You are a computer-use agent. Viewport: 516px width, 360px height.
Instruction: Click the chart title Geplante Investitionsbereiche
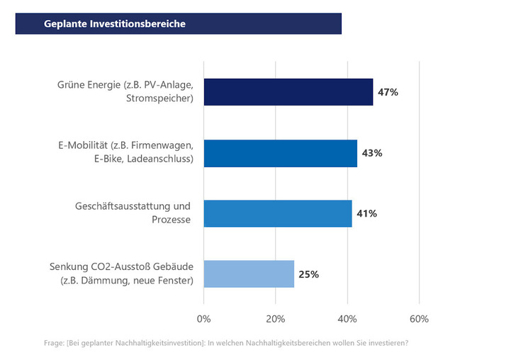pyautogui.click(x=115, y=23)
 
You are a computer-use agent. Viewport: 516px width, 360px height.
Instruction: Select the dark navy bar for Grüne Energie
pyautogui.click(x=288, y=92)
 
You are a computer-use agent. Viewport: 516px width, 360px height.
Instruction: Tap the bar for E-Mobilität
pyautogui.click(x=280, y=153)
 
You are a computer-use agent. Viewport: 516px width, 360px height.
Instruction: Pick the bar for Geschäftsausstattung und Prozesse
pyautogui.click(x=277, y=213)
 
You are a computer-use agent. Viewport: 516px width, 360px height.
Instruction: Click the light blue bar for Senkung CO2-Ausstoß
pyautogui.click(x=248, y=274)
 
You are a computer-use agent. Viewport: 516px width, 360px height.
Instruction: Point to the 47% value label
pyautogui.click(x=388, y=92)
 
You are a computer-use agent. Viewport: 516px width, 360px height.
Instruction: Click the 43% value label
pyautogui.click(x=372, y=153)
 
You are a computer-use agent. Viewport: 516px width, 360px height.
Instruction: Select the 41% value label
pyautogui.click(x=367, y=213)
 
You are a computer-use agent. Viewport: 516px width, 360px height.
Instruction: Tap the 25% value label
pyautogui.click(x=309, y=274)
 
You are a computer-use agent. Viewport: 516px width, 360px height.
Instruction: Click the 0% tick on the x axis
pyautogui.click(x=203, y=319)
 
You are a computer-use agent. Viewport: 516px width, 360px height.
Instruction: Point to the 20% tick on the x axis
pyautogui.click(x=276, y=319)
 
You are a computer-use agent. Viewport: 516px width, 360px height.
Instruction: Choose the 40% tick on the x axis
pyautogui.click(x=347, y=319)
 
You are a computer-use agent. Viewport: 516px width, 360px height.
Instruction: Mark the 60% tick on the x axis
pyautogui.click(x=420, y=319)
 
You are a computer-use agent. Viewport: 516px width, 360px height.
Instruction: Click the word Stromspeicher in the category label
pyautogui.click(x=162, y=99)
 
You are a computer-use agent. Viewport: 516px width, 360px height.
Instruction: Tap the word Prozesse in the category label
pyautogui.click(x=169, y=220)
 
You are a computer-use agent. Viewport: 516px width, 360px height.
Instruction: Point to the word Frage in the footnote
pyautogui.click(x=54, y=344)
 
